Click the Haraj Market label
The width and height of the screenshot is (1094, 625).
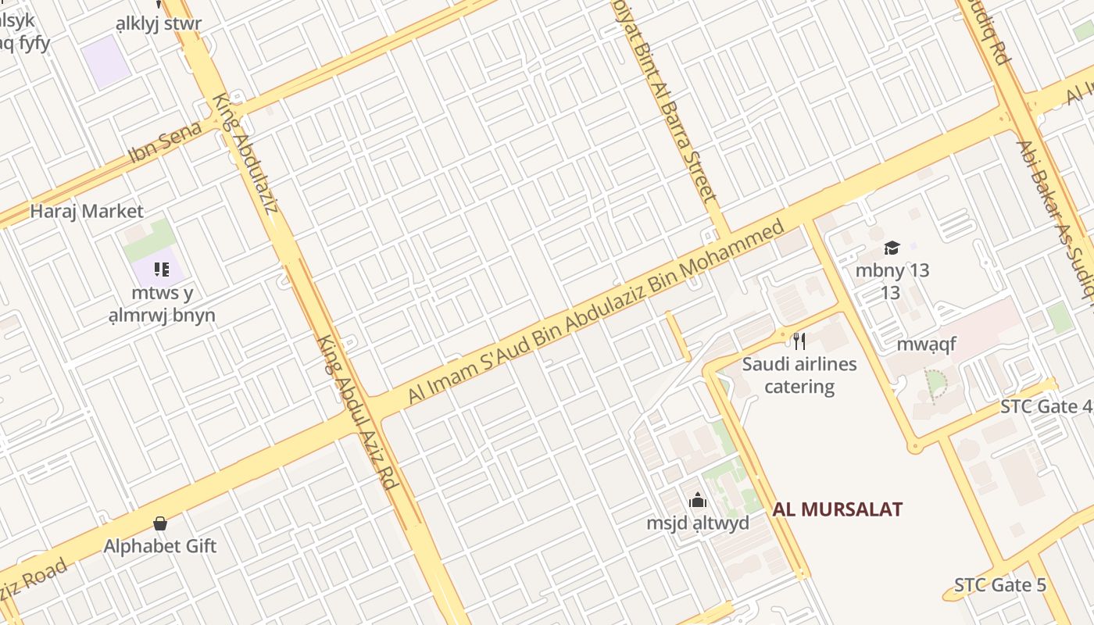pos(87,211)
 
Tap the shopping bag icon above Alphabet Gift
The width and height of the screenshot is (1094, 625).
pos(160,523)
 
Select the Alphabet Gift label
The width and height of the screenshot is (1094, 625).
pos(160,546)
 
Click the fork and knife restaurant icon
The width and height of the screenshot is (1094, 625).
pos(799,341)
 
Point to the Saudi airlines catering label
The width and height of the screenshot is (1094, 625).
pos(799,375)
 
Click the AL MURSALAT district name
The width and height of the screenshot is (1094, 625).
pos(838,510)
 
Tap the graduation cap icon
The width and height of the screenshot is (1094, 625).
pos(892,248)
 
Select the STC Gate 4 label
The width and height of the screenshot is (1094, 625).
pos(1046,407)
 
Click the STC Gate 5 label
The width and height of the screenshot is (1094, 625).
pos(999,585)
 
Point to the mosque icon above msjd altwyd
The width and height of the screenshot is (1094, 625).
pos(697,500)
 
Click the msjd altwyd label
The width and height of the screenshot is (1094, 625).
pos(697,523)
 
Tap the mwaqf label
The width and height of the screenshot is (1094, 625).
pos(926,345)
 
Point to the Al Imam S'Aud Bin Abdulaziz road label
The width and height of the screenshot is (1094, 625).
pos(595,312)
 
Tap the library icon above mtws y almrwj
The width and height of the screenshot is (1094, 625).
pos(162,270)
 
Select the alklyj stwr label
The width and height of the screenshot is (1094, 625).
pos(159,23)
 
